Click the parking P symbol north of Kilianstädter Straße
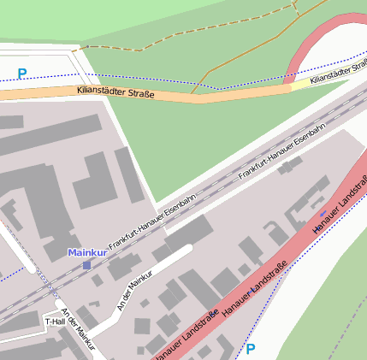[22, 74]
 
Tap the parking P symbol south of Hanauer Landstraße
[251, 349]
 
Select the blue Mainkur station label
[86, 253]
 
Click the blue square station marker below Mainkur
[86, 266]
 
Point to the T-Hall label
[55, 322]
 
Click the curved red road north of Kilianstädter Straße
[312, 43]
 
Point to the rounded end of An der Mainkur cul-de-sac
[186, 249]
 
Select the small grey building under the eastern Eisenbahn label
[291, 165]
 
